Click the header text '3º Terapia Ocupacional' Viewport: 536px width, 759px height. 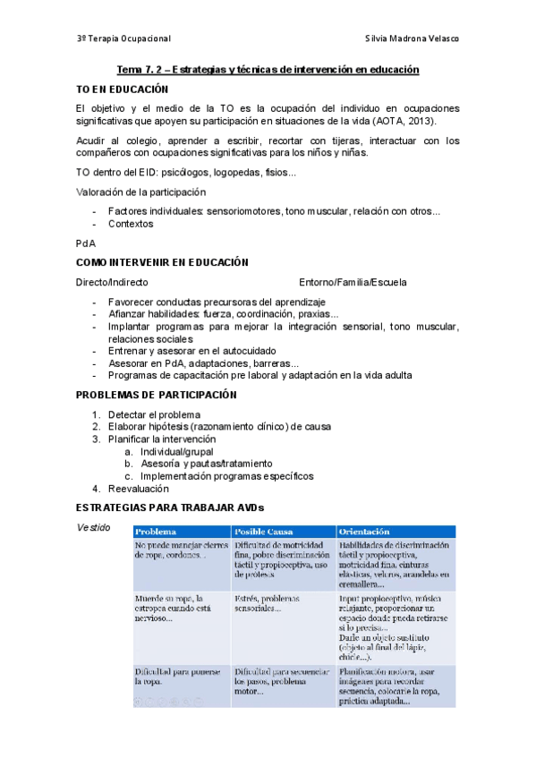[x=123, y=39]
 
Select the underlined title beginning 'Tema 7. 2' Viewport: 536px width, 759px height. [x=268, y=70]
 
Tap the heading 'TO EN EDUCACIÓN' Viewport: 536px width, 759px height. [x=122, y=90]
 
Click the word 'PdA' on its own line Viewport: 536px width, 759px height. [x=86, y=243]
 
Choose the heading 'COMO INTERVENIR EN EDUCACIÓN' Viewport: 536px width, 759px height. [x=162, y=262]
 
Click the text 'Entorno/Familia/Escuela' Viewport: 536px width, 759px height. [x=353, y=282]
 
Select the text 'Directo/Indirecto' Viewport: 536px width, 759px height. [x=113, y=282]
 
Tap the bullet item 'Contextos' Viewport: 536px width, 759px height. [x=131, y=225]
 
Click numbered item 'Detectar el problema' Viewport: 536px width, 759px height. [x=154, y=414]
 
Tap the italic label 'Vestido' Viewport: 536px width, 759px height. [x=95, y=528]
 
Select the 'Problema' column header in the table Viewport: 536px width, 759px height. [x=156, y=532]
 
